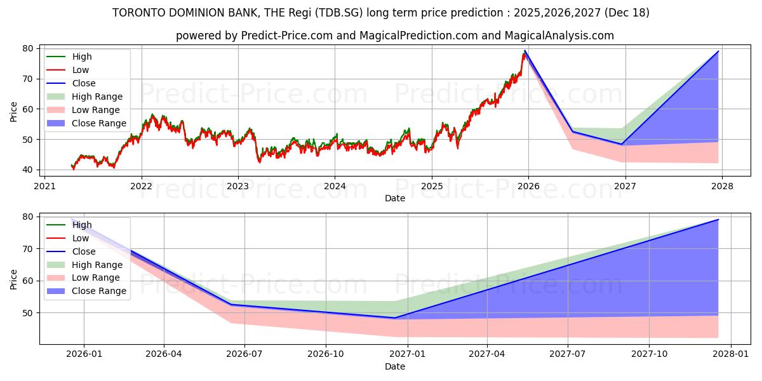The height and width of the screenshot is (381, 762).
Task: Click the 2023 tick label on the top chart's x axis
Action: click(x=238, y=186)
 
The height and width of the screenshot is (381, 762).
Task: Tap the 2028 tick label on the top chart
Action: click(x=722, y=186)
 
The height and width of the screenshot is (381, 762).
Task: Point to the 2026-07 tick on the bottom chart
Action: click(x=244, y=353)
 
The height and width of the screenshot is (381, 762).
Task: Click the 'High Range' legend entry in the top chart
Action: click(x=97, y=97)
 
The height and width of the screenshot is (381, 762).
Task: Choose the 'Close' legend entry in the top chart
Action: click(x=84, y=83)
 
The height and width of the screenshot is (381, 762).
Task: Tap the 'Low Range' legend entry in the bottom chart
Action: click(x=95, y=277)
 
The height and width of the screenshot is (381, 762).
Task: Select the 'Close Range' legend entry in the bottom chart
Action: click(x=98, y=291)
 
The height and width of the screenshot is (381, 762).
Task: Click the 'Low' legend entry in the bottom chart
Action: click(x=81, y=238)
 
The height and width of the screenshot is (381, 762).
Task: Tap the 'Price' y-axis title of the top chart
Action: click(x=14, y=111)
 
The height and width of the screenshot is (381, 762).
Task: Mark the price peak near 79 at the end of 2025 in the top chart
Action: click(x=525, y=51)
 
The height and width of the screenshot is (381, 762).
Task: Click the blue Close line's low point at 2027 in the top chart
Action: click(x=622, y=144)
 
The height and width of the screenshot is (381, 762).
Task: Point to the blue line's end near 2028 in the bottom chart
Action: click(x=718, y=220)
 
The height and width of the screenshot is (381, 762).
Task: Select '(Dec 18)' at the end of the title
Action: click(x=628, y=13)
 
